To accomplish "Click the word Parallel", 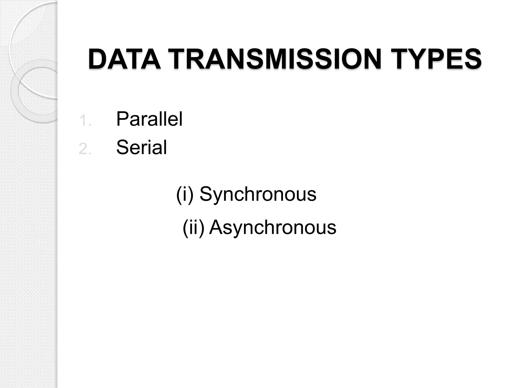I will click(x=149, y=119).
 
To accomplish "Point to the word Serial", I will click(x=141, y=147).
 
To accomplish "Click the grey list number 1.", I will click(x=84, y=121).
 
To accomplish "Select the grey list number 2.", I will click(x=84, y=149).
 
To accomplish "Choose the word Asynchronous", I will click(x=272, y=227).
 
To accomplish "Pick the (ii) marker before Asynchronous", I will click(x=193, y=227).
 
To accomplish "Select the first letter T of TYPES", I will click(x=403, y=60).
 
